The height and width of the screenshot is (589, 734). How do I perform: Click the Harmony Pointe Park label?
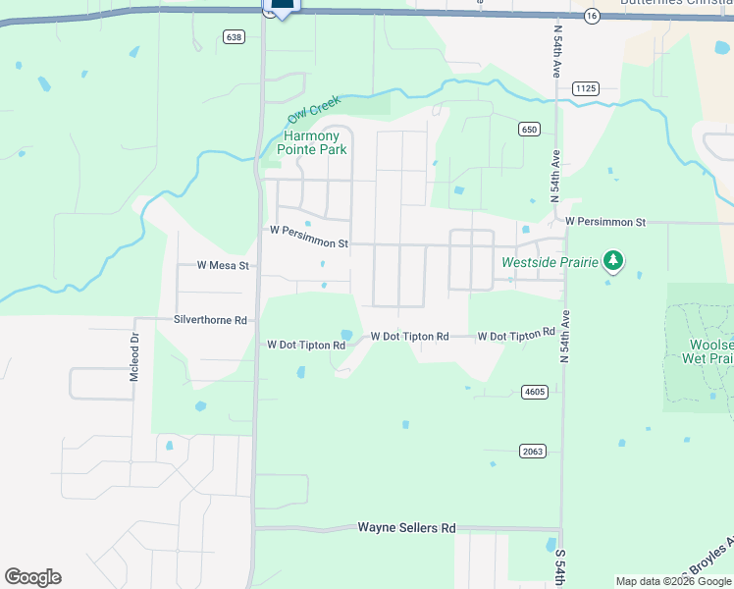(x=311, y=142)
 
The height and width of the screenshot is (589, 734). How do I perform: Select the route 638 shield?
(x=233, y=37)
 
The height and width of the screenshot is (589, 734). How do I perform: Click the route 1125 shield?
(x=586, y=88)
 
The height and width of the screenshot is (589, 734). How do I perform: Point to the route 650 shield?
(x=530, y=129)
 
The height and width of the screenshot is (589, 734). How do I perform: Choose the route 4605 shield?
(x=534, y=392)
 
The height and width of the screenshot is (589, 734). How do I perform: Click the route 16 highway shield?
(x=591, y=16)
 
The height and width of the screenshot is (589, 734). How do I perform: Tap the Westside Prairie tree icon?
(x=614, y=260)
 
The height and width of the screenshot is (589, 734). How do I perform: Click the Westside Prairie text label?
(x=549, y=262)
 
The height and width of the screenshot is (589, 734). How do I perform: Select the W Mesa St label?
(x=224, y=265)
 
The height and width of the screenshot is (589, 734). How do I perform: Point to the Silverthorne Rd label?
(x=210, y=319)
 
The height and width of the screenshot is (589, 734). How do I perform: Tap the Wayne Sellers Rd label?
(x=406, y=528)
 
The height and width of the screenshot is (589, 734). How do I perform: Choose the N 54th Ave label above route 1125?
(x=555, y=43)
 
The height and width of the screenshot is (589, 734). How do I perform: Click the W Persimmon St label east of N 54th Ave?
(x=605, y=223)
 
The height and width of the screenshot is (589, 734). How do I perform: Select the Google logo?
(x=32, y=577)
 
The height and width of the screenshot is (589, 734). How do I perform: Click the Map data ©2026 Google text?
(x=673, y=581)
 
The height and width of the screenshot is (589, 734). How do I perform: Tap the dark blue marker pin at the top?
(x=282, y=5)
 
